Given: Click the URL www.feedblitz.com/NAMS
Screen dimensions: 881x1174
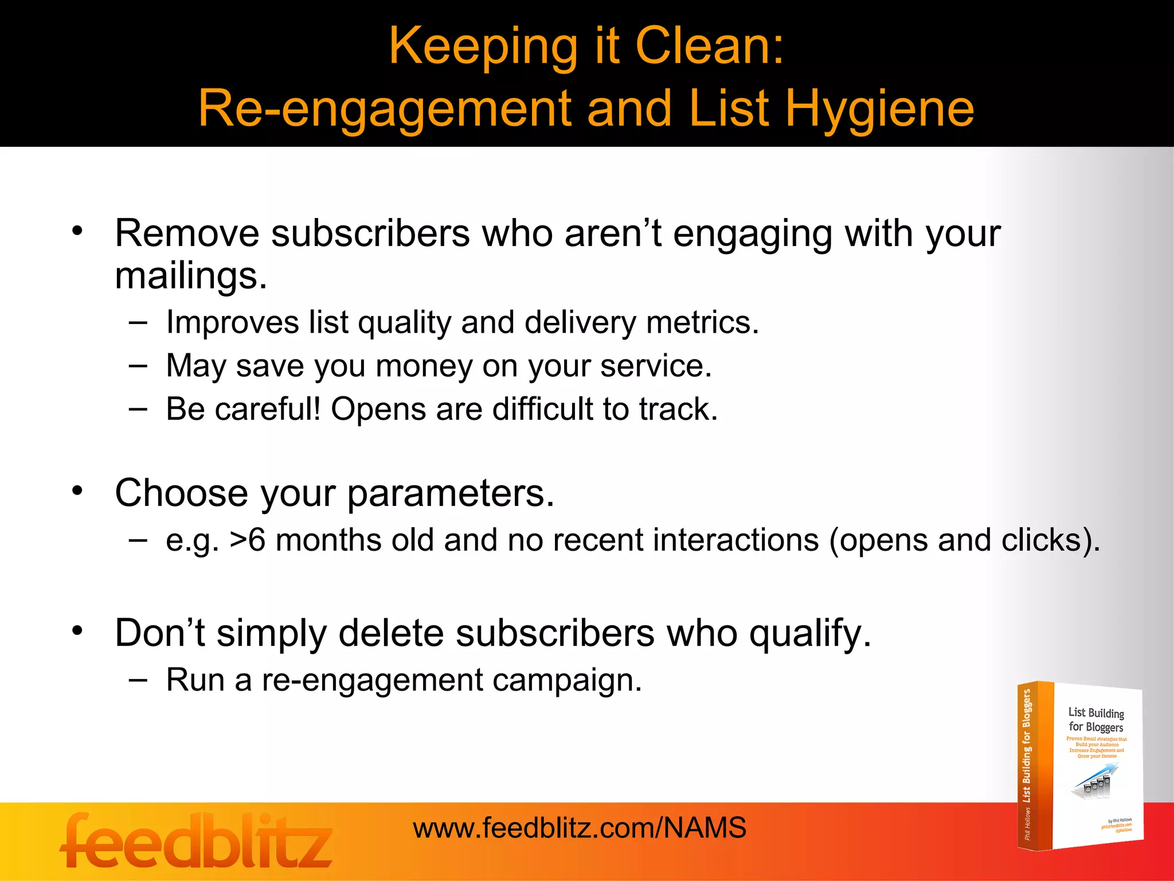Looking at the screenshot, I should point(580,828).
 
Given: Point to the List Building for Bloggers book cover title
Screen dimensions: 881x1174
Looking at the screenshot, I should point(1096,720).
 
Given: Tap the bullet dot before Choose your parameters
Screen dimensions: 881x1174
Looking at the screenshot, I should point(77,491).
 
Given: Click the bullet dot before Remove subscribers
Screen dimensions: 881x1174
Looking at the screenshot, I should point(77,231).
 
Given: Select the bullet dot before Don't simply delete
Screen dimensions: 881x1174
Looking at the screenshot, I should point(77,631).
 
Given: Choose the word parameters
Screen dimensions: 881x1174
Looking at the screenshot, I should point(451,493).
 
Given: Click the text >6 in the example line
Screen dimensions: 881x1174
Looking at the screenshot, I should point(247,540).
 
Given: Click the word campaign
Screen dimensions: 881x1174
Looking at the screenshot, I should point(567,681).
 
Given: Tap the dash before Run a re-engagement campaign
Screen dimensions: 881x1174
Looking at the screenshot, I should point(138,680).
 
